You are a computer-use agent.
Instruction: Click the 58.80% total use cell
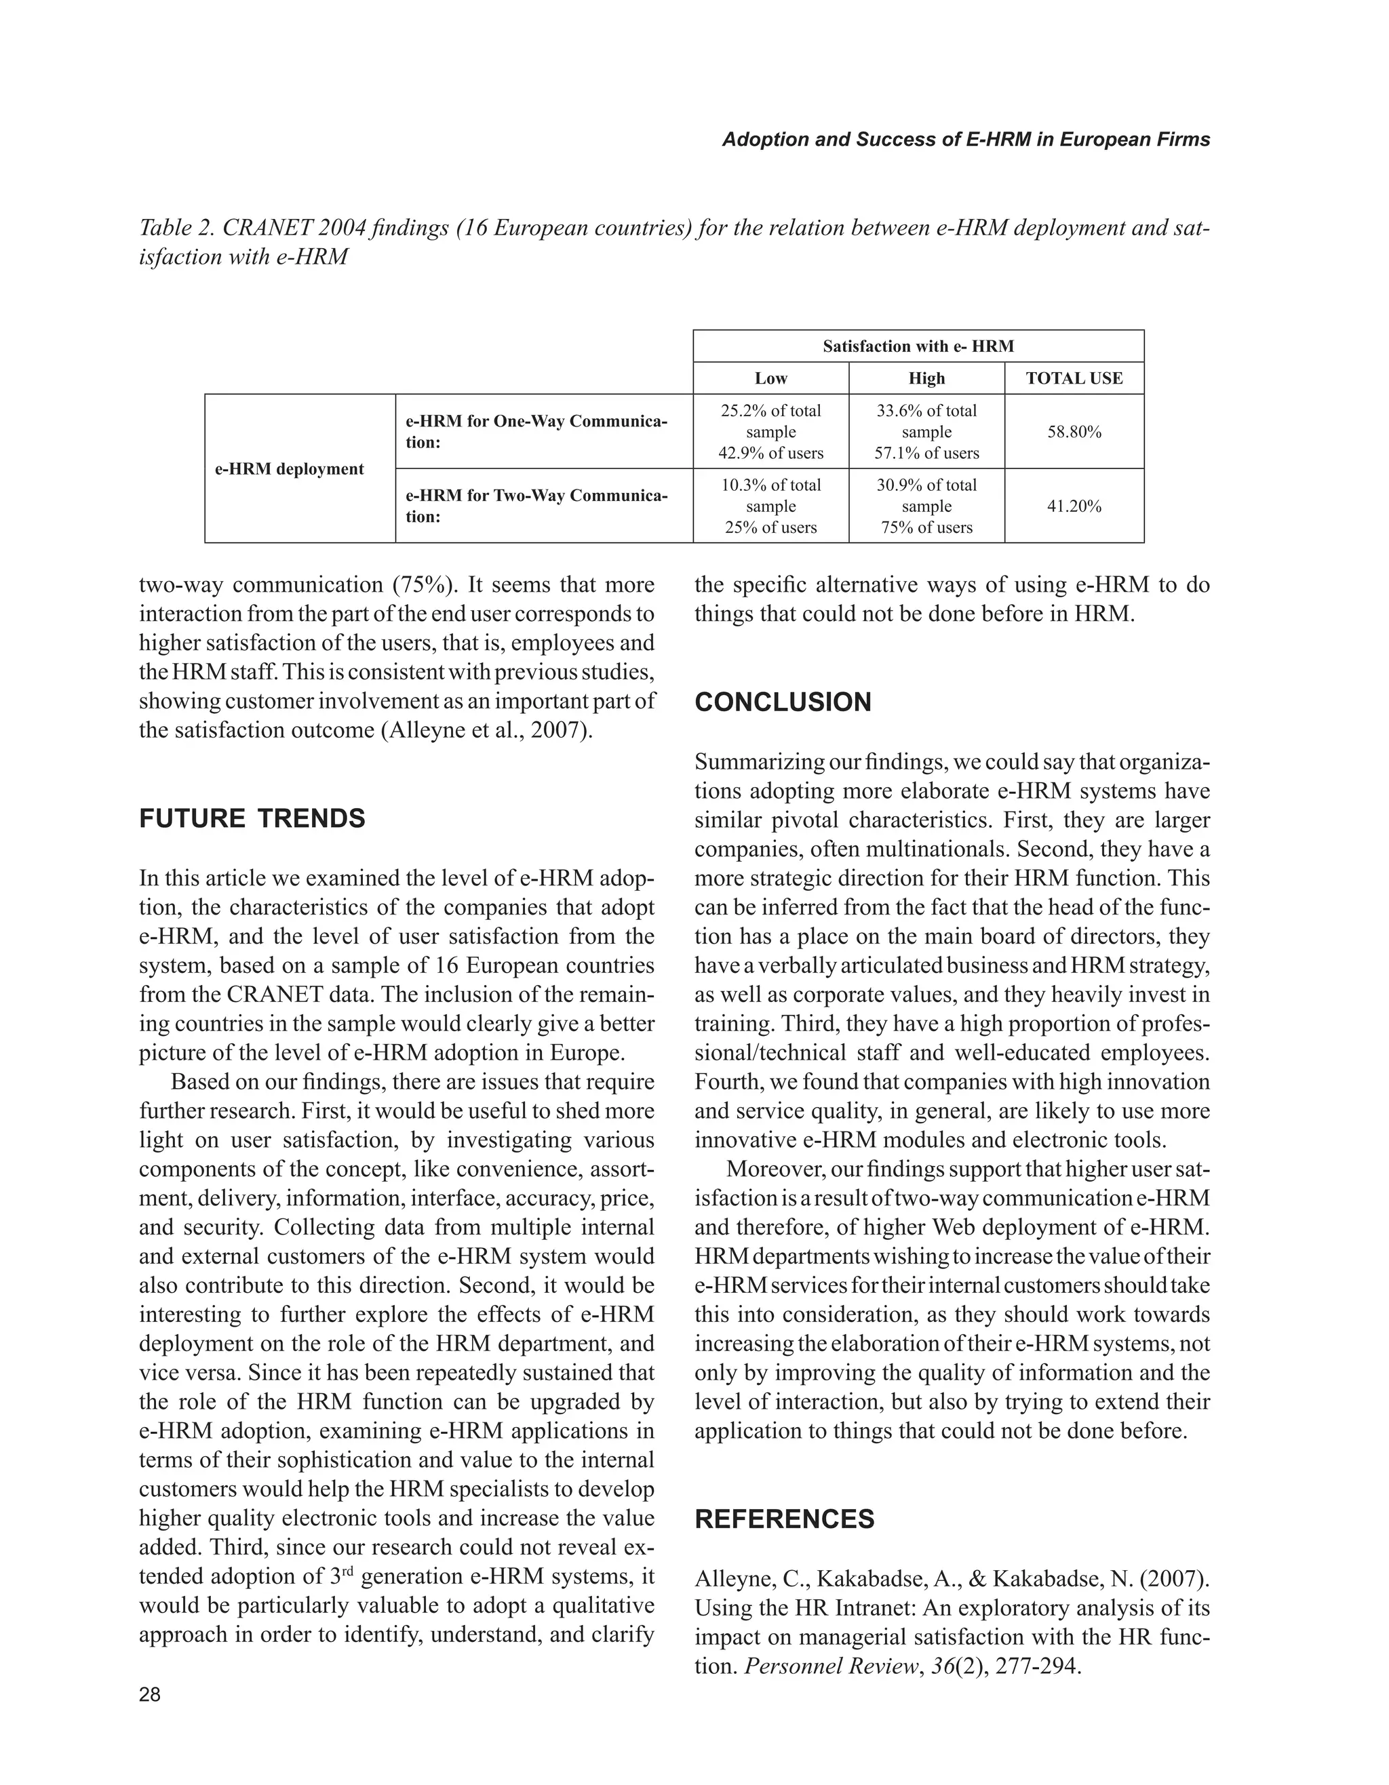(x=1074, y=432)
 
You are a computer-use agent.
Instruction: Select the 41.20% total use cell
(x=1074, y=506)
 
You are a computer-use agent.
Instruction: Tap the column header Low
(x=770, y=378)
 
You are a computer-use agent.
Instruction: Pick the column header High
(x=926, y=378)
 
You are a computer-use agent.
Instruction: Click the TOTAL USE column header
(x=1074, y=378)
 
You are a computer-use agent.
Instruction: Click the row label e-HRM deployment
(x=289, y=469)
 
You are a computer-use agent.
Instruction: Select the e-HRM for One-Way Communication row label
(x=536, y=432)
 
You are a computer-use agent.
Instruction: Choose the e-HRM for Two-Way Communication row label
(x=536, y=506)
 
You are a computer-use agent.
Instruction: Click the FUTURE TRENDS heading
(x=252, y=819)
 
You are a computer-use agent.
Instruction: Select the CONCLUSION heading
(x=783, y=702)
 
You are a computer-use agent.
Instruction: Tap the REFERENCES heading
(x=784, y=1519)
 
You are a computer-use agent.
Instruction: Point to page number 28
(x=151, y=1694)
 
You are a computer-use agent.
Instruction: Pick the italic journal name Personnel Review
(x=829, y=1666)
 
